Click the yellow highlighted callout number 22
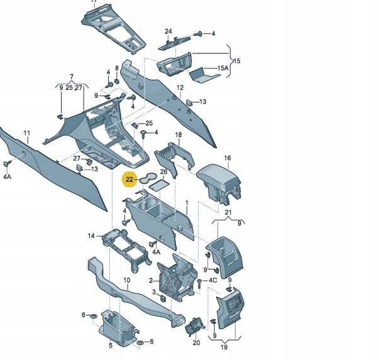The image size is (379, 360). pos(129,180)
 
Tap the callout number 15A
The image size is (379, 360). pos(222,68)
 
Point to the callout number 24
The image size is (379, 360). pos(168,31)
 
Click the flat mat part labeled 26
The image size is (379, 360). pos(159,185)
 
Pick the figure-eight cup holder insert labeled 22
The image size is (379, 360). pos(148,178)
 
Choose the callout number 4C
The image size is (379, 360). pos(212,280)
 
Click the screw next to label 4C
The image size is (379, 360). pos(200,283)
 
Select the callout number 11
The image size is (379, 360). pos(27,133)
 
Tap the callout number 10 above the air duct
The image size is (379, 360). pos(127,280)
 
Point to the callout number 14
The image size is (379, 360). pos(91,236)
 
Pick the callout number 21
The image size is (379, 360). pos(228,212)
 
